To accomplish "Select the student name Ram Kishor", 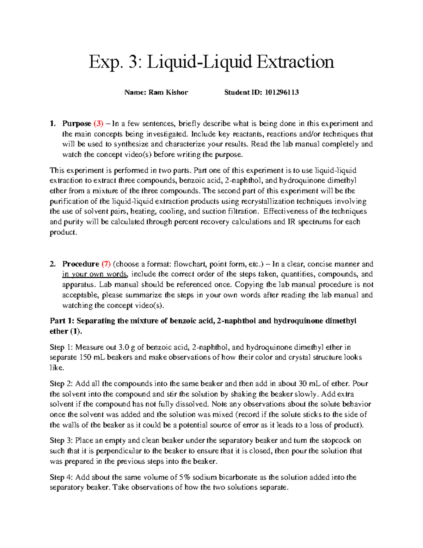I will pyautogui.click(x=168, y=92).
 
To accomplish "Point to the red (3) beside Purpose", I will pyautogui.click(x=98, y=124).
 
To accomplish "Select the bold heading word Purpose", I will pyautogui.click(x=77, y=124).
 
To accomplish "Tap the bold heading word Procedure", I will pyautogui.click(x=81, y=264).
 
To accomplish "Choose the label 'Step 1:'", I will pyautogui.click(x=62, y=347).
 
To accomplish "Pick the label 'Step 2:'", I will pyautogui.click(x=62, y=384).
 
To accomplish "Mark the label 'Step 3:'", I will pyautogui.click(x=62, y=440).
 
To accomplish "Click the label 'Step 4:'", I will pyautogui.click(x=62, y=477).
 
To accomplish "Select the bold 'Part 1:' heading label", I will pyautogui.click(x=62, y=321).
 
